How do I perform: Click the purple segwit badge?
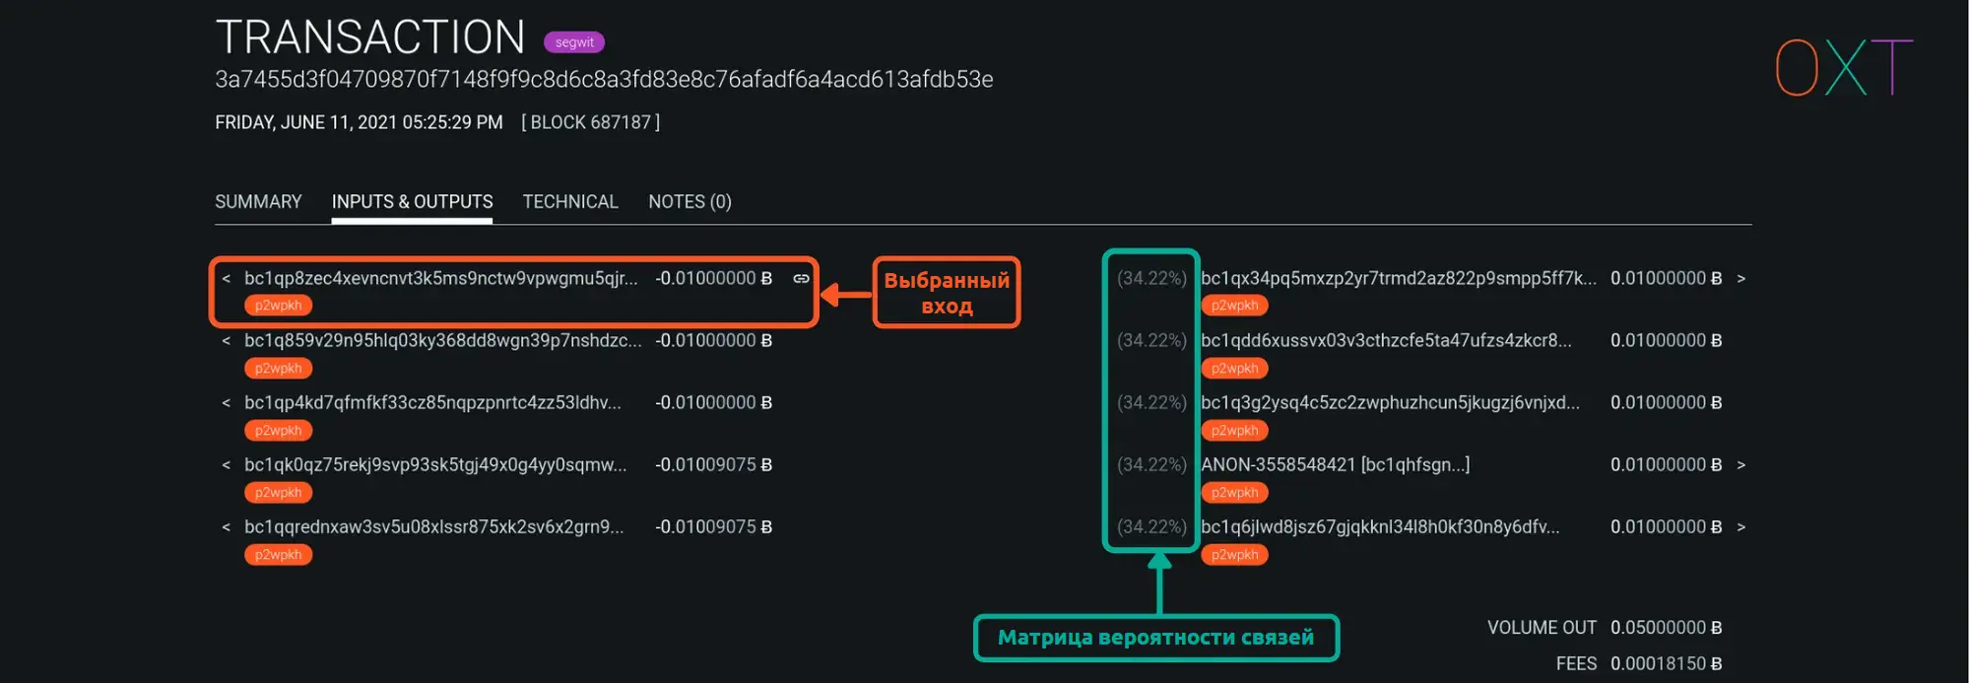point(574,42)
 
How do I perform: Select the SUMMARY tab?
point(258,202)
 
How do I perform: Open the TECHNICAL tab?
point(570,202)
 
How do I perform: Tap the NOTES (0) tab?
point(689,202)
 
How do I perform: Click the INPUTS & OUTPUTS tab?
point(412,202)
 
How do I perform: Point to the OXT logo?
point(1843,67)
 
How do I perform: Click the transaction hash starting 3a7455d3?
point(604,79)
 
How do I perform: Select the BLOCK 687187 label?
point(590,122)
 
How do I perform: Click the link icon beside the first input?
point(802,279)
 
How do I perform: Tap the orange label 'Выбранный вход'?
point(947,293)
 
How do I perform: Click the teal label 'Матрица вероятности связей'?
point(1156,638)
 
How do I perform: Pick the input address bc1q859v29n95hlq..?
point(443,341)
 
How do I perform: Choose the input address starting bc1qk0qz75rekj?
point(435,465)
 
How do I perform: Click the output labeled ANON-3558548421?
point(1335,465)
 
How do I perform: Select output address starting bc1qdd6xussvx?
point(1386,341)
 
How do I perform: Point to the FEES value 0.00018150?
point(1666,664)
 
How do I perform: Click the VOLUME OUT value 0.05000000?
point(1666,628)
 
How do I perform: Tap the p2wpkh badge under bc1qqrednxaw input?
point(279,555)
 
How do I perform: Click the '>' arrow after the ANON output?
point(1740,465)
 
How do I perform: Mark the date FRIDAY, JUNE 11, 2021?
point(305,122)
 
